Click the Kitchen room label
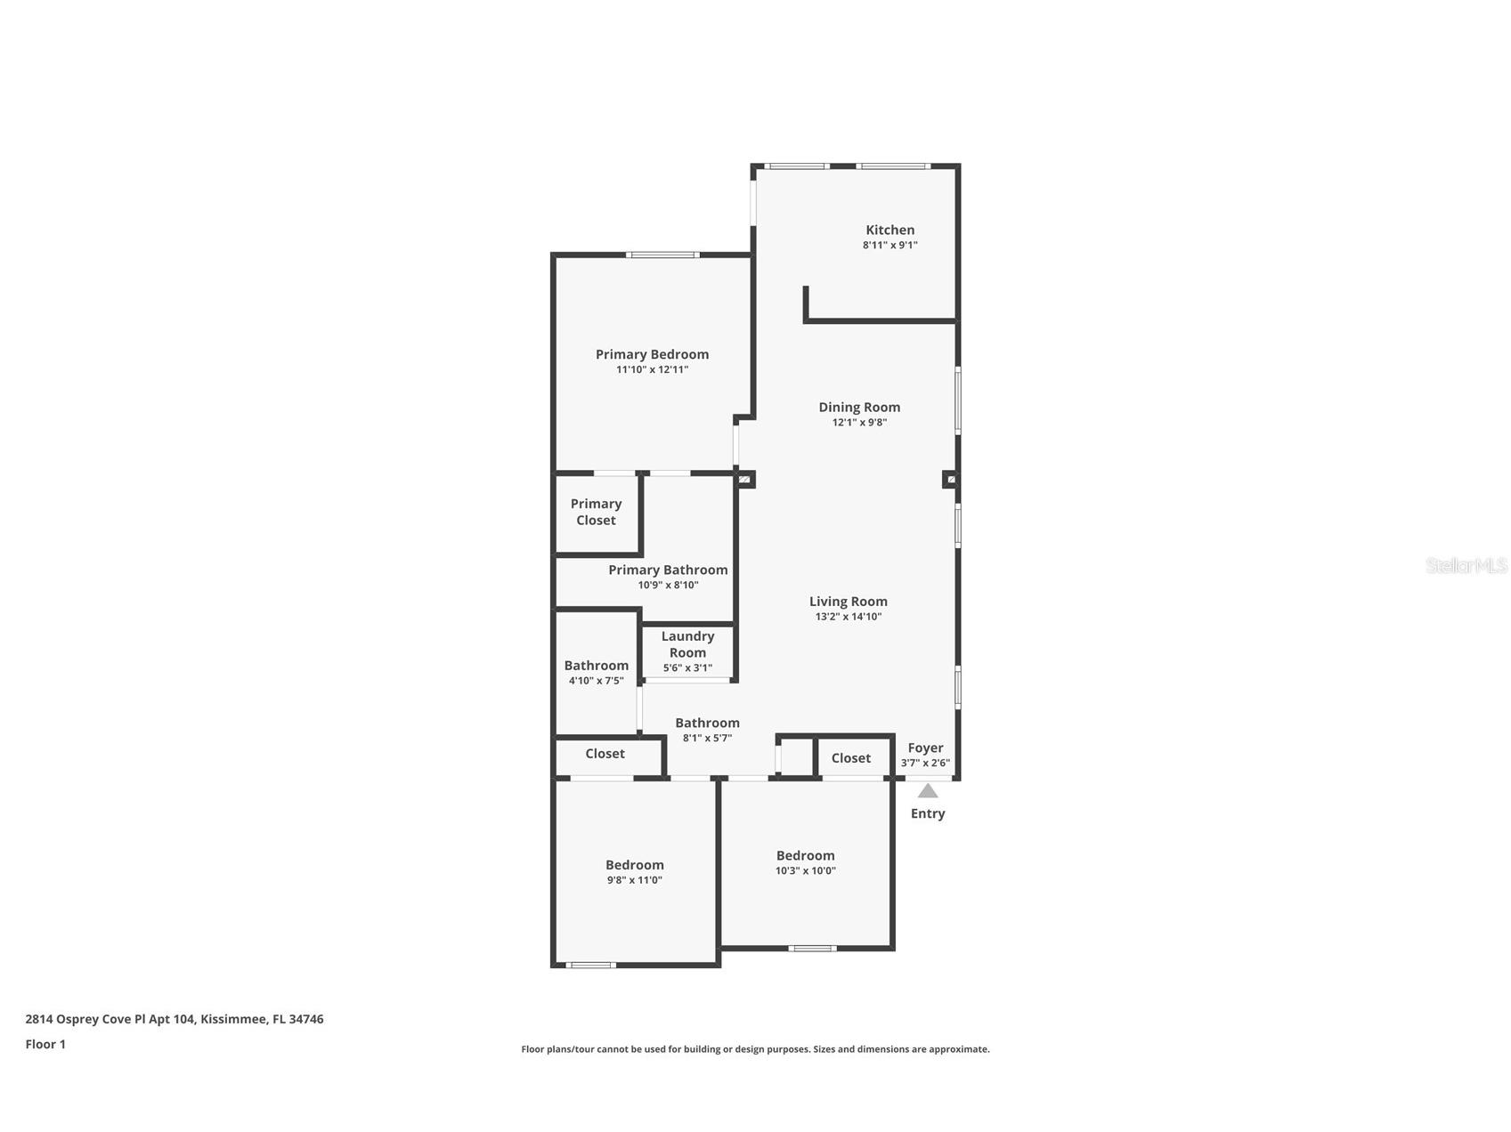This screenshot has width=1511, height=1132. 890,230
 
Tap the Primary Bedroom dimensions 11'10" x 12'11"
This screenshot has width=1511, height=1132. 652,369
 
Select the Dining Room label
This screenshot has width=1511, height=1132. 859,407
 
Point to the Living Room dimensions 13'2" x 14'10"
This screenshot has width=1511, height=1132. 848,616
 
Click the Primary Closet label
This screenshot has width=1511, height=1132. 596,512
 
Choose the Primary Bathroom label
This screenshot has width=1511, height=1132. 668,570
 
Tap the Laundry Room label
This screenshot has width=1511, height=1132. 687,643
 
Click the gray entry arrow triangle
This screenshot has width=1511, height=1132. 928,790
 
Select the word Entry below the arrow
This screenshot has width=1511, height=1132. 928,813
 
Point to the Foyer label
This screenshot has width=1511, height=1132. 925,748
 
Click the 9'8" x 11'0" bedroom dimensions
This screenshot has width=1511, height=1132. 634,880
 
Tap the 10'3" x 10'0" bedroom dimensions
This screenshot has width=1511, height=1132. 805,870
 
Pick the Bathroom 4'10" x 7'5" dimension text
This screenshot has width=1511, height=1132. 596,681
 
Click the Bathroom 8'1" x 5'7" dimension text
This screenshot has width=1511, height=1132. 707,738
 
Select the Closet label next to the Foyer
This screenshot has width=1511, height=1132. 850,758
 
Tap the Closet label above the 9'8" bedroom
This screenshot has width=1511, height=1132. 605,754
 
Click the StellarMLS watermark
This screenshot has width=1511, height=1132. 1466,565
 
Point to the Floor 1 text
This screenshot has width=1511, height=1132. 45,1044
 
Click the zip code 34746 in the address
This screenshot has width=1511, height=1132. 306,1019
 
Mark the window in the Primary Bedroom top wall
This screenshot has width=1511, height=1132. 662,255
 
